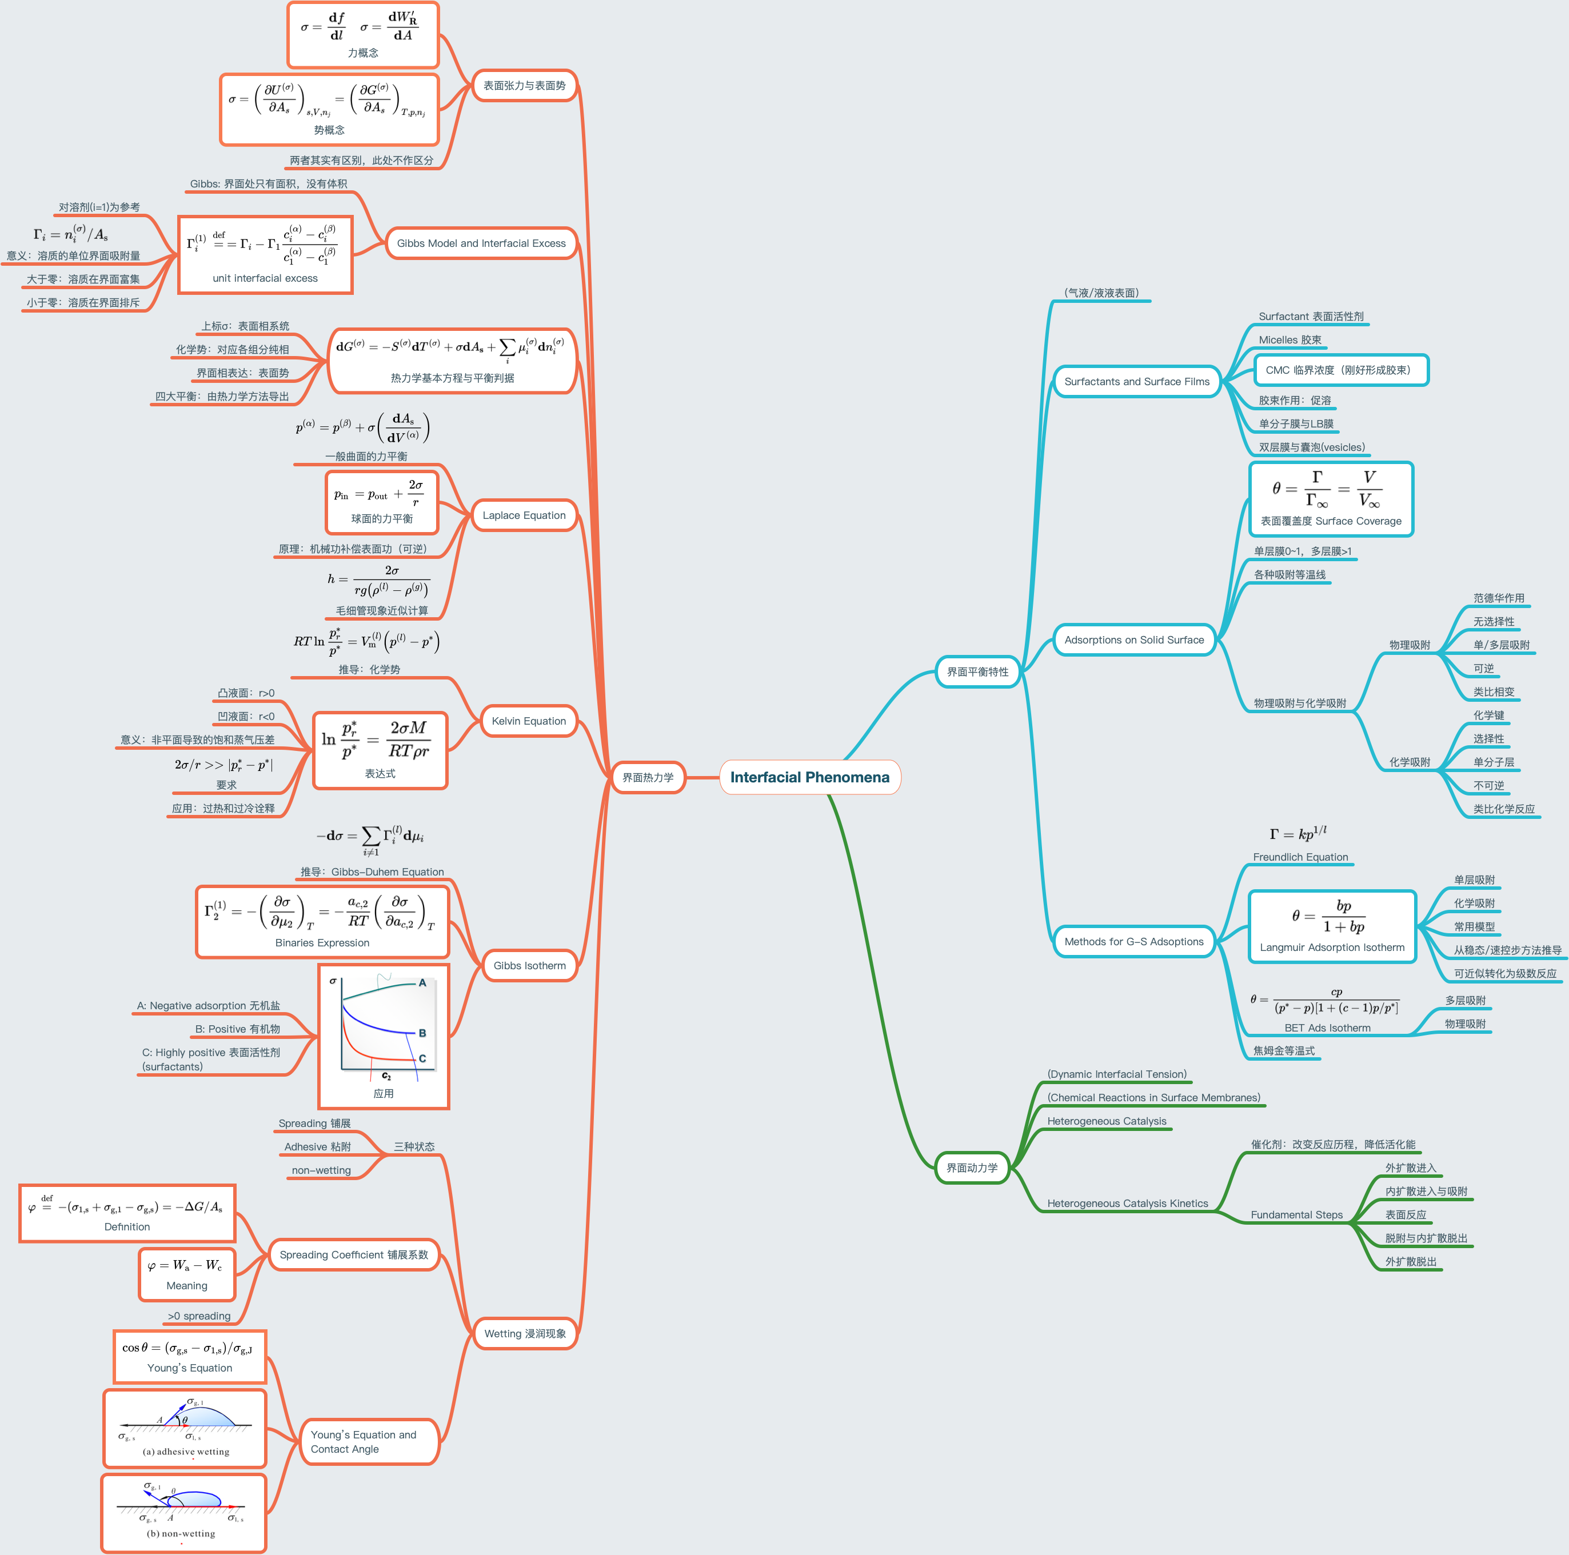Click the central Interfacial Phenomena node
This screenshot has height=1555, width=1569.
click(810, 777)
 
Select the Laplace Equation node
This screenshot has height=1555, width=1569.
click(524, 515)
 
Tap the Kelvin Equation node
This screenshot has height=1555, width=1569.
click(529, 720)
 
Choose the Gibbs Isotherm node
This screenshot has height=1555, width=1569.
click(529, 965)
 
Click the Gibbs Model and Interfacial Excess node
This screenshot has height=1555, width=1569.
click(481, 243)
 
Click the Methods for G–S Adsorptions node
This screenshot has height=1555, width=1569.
click(1133, 941)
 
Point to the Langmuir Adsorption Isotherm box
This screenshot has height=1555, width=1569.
click(1332, 926)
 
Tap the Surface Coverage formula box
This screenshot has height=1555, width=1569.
click(1331, 498)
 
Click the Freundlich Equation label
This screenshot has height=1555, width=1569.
click(1300, 857)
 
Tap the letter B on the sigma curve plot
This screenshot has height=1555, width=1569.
click(422, 1033)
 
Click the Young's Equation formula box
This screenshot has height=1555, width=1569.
click(189, 1357)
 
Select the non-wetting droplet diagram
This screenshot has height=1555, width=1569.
click(183, 1513)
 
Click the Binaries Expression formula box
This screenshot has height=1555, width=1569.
click(322, 921)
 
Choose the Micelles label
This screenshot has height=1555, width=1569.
click(1289, 339)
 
